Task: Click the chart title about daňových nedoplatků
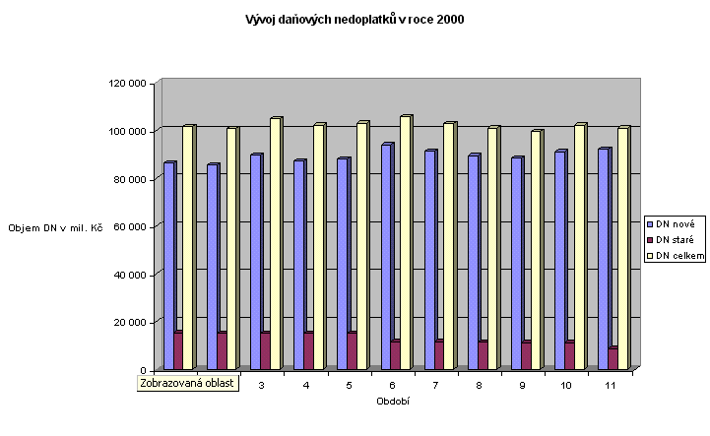355,19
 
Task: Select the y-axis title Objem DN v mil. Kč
56,227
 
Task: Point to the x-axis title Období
393,401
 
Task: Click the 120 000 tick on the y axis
128,84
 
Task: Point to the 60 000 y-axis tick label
130,227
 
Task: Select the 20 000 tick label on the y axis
130,323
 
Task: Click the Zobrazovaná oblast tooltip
188,383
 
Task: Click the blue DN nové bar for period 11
603,260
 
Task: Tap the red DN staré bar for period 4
308,351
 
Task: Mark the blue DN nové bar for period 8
474,263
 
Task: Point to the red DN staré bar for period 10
568,356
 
